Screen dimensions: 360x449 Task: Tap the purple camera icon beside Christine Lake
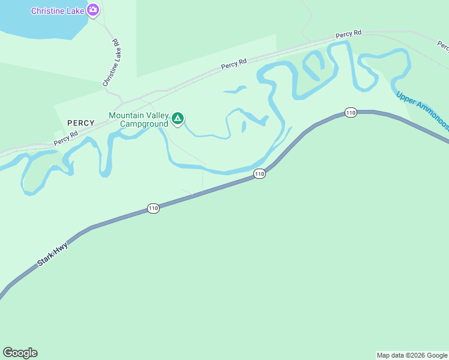tap(92, 10)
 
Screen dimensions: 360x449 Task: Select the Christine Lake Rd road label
tap(112, 63)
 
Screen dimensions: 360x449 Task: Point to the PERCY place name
tap(81, 123)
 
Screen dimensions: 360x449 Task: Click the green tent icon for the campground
tap(177, 119)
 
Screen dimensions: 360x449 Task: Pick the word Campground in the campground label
tap(143, 124)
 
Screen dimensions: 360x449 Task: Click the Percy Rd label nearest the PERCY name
tap(66, 139)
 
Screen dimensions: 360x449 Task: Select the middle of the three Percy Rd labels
tap(234, 62)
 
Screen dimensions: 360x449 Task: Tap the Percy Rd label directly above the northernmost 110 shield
tap(348, 34)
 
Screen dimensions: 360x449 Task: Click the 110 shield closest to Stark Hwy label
tap(153, 209)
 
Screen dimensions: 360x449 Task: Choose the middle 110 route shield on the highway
tap(259, 174)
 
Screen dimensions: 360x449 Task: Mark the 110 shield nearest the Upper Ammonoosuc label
tap(351, 112)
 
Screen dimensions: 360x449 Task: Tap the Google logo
tap(20, 353)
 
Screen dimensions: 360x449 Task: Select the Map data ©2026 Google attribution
tap(412, 355)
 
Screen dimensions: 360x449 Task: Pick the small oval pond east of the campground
tap(244, 127)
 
